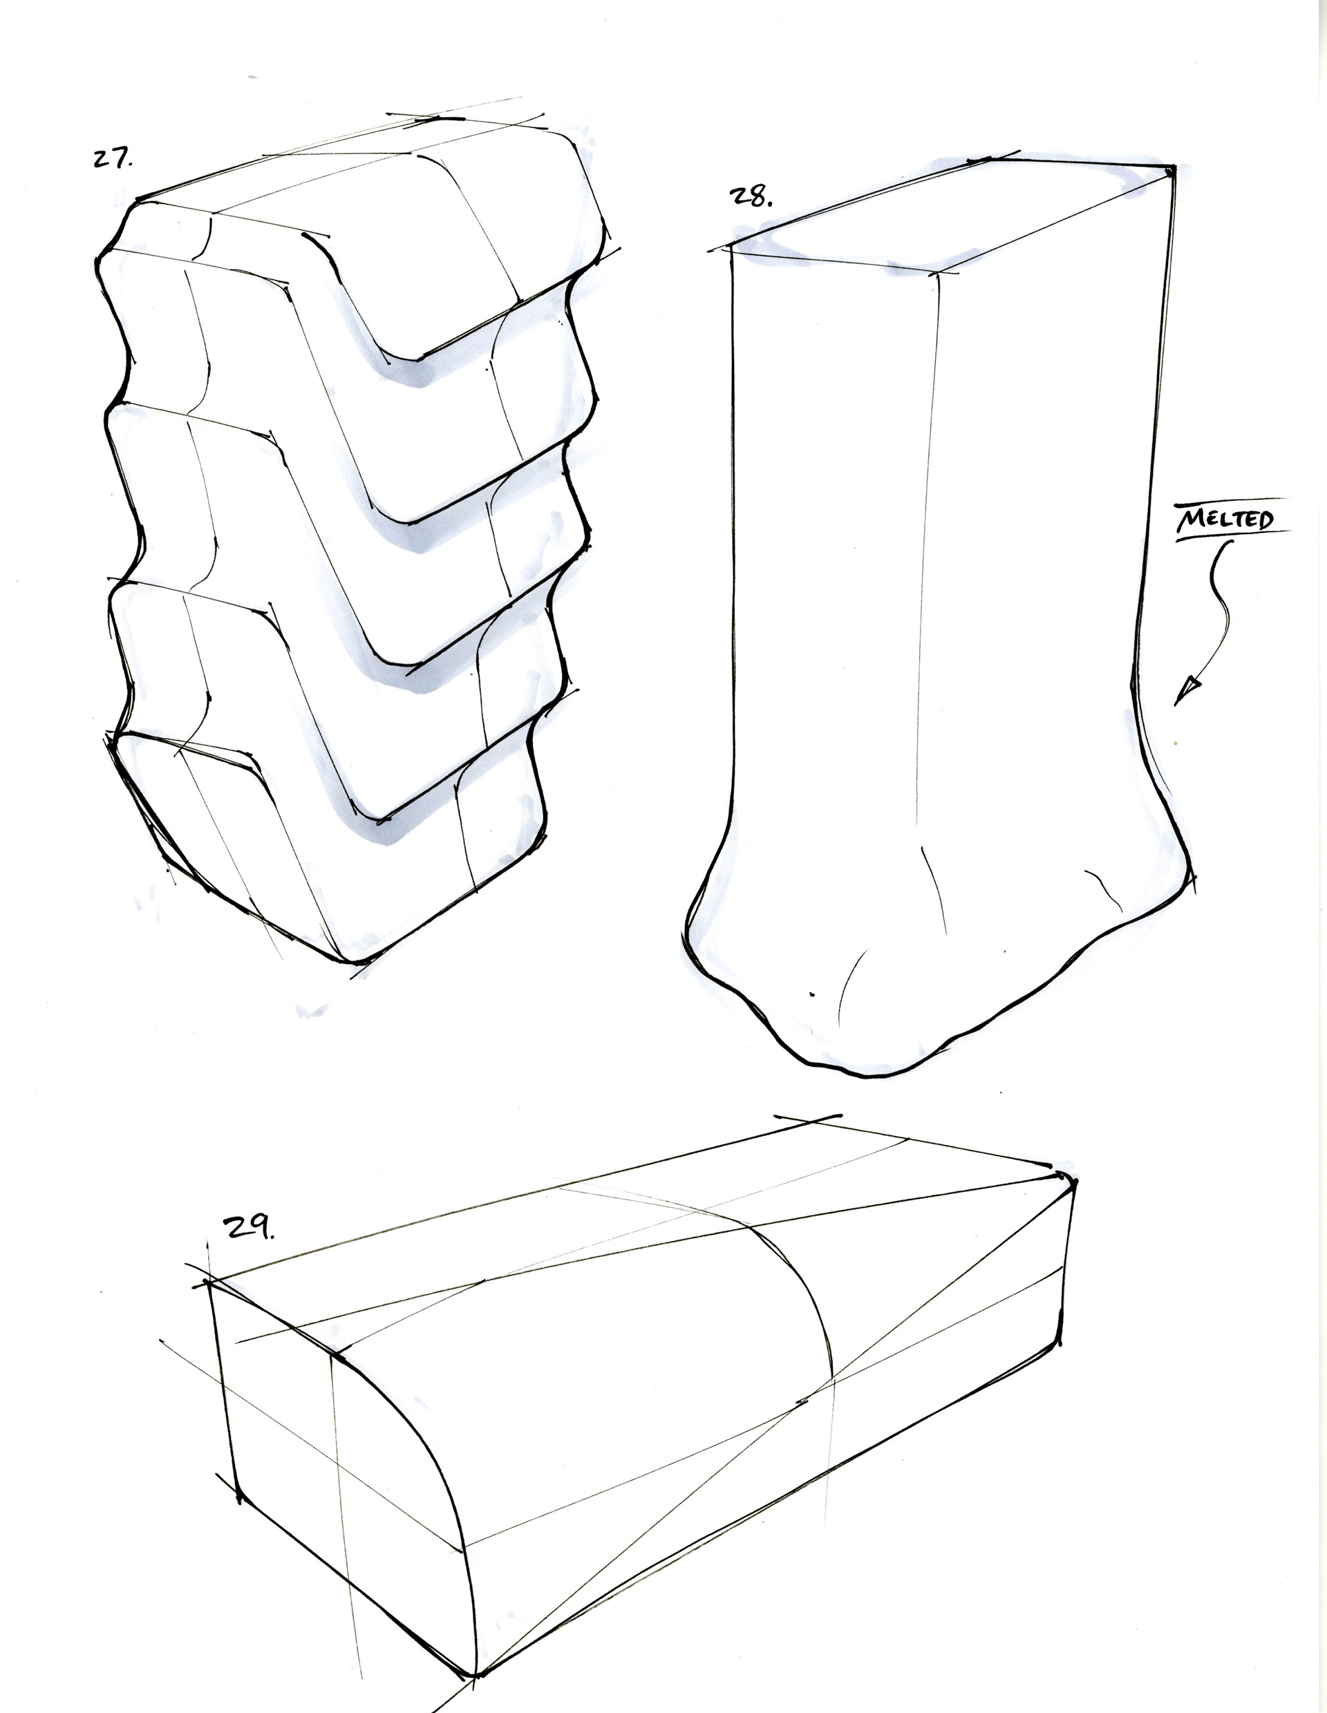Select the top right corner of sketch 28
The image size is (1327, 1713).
click(1170, 167)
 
